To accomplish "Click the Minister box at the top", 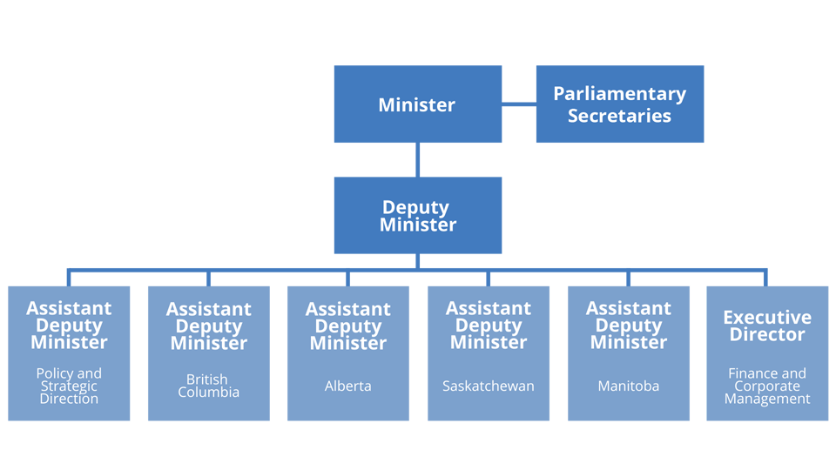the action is coord(417,104).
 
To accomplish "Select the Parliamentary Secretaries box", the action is coord(619,104).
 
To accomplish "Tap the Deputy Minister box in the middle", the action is coord(417,215).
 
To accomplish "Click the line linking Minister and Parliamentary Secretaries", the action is coord(519,104).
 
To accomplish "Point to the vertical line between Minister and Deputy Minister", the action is coord(417,160).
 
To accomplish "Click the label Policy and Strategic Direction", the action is coord(69,386).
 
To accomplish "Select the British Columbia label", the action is coord(208,386).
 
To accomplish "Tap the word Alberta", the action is coord(348,386).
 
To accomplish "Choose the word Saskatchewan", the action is coord(489,386).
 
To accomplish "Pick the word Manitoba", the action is coord(629,386).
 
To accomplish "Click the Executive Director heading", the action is coord(767,326).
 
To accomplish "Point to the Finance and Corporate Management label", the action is coord(767,386).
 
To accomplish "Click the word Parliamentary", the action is coord(619,94).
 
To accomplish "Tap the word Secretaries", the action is coord(619,116).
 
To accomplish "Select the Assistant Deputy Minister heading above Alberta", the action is coord(348,326).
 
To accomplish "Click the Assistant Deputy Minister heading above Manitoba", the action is coord(629,325).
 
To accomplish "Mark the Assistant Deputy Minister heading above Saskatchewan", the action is coord(489,325).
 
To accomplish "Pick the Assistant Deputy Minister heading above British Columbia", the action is coord(208,326).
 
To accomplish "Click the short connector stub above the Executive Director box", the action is coord(765,278).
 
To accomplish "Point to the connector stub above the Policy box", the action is coord(69,278).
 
